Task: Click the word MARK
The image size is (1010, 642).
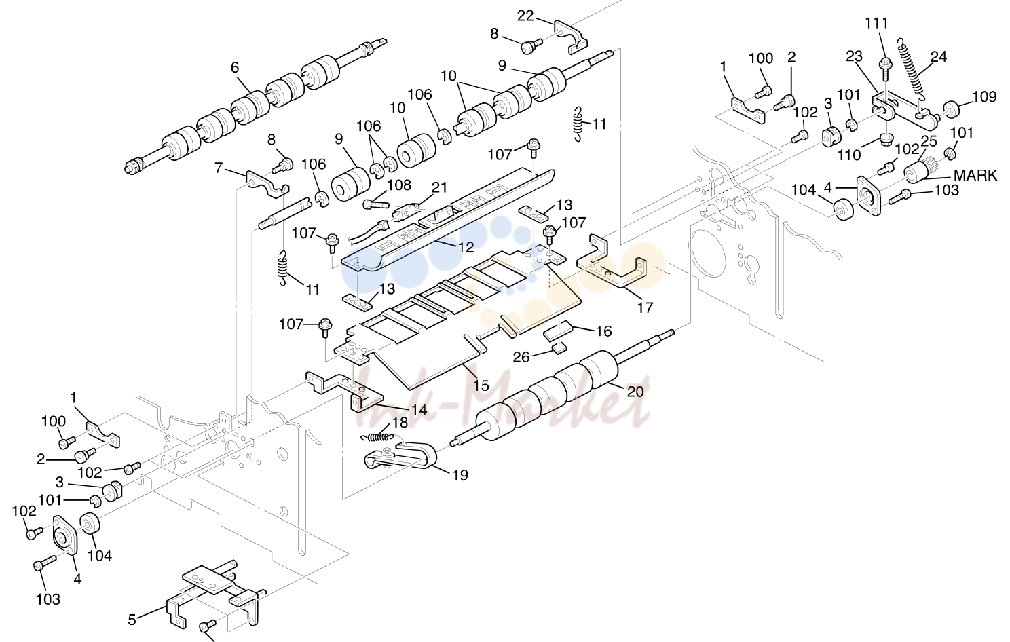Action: tap(975, 175)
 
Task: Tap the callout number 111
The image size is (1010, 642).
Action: tap(876, 22)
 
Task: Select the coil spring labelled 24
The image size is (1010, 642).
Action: tap(910, 68)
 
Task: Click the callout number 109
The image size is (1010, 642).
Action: tap(984, 96)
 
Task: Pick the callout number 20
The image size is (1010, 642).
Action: tap(635, 392)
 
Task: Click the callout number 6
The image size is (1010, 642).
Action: tap(235, 67)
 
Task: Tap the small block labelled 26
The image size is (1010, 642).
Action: tap(559, 349)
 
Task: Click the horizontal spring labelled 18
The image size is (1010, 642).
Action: tap(378, 437)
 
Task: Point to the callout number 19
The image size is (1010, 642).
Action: tap(460, 475)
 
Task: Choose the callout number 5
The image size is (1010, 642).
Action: tap(132, 620)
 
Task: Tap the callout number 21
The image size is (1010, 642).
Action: tap(438, 187)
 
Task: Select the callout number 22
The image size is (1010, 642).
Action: tap(525, 16)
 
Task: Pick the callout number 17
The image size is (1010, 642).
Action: tap(645, 307)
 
